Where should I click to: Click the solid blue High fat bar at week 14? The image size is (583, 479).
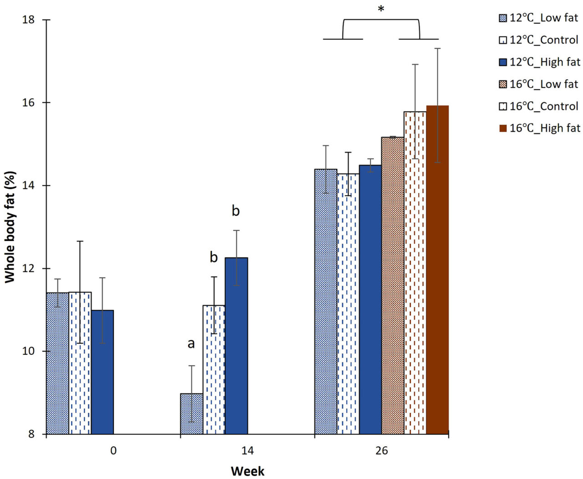[x=236, y=346]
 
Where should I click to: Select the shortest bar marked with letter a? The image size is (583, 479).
[x=192, y=414]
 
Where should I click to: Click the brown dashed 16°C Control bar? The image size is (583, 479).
[x=415, y=273]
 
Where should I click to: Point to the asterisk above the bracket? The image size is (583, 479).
[x=381, y=9]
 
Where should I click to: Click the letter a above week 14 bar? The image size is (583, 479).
[x=191, y=343]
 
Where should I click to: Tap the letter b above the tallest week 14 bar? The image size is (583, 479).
[x=235, y=211]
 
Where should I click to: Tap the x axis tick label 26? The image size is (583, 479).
[x=382, y=450]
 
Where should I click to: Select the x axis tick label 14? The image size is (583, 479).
[x=247, y=450]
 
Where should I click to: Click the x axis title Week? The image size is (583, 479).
[x=247, y=471]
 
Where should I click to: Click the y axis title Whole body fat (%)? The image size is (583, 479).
[x=10, y=227]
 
